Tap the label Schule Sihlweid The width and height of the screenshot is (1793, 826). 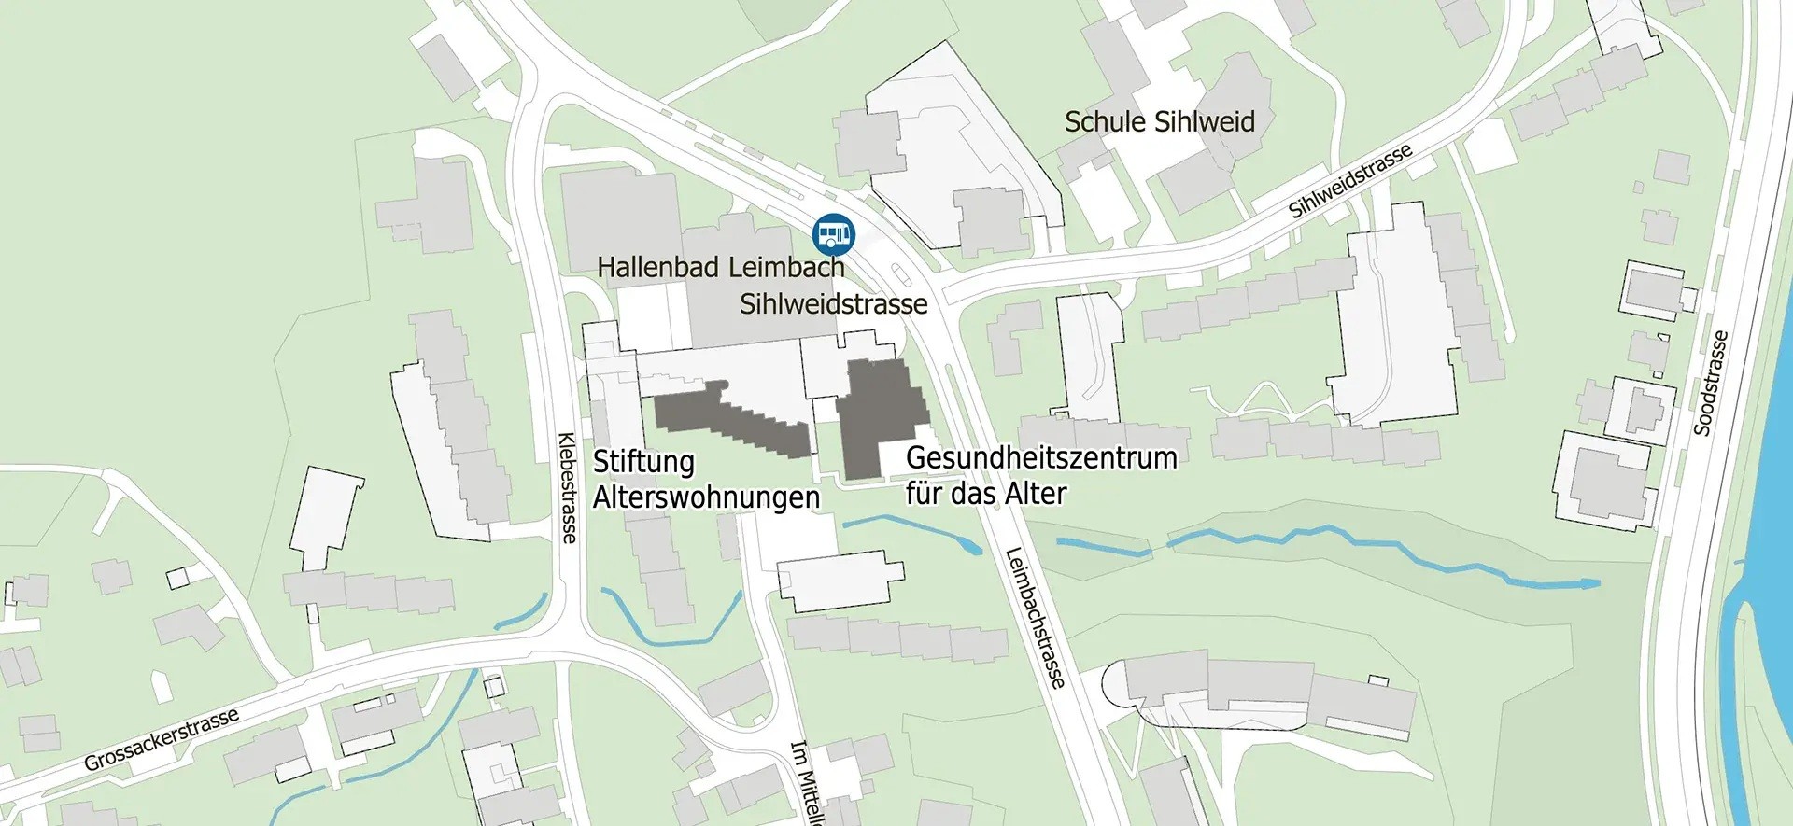pyautogui.click(x=1159, y=122)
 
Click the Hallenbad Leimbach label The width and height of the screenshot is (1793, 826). pyautogui.click(x=720, y=267)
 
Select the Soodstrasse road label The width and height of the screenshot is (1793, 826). pyautogui.click(x=1710, y=384)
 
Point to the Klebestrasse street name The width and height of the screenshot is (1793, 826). pyautogui.click(x=567, y=486)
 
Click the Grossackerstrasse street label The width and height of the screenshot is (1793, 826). pyautogui.click(x=162, y=739)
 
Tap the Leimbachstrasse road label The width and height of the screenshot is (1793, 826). pyautogui.click(x=1035, y=618)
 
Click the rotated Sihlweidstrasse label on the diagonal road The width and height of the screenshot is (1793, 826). pyautogui.click(x=1349, y=182)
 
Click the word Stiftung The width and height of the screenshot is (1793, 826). pyautogui.click(x=643, y=462)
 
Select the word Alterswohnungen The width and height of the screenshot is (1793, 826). pyautogui.click(x=706, y=497)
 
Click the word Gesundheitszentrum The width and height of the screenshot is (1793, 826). pyautogui.click(x=1040, y=458)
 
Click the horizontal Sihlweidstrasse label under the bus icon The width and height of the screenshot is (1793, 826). pyautogui.click(x=833, y=304)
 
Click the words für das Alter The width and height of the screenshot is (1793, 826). pyautogui.click(x=985, y=494)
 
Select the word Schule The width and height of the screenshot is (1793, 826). pyautogui.click(x=1106, y=122)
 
